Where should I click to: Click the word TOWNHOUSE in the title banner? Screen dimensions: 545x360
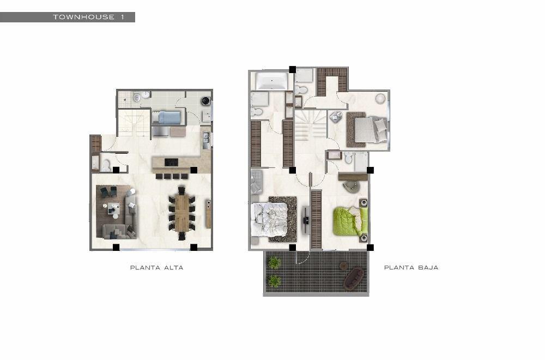click(83, 17)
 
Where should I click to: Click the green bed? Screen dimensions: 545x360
click(350, 221)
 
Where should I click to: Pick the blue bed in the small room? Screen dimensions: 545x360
click(167, 117)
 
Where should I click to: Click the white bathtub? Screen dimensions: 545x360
click(272, 80)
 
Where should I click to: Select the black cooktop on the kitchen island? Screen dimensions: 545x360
click(171, 163)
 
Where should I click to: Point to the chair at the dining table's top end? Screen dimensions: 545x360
click(182, 190)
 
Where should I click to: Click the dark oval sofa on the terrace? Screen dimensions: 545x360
click(354, 278)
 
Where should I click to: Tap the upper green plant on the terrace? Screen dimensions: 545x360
click(274, 262)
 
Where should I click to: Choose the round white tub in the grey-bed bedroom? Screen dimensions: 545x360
click(380, 98)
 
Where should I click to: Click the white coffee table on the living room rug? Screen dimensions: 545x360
click(114, 209)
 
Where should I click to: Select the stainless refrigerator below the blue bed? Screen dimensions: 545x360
click(161, 131)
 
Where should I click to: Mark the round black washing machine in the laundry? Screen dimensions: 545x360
click(205, 101)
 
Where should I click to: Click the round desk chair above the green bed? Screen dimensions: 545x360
click(352, 187)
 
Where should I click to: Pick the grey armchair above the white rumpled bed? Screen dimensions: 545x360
click(257, 181)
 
